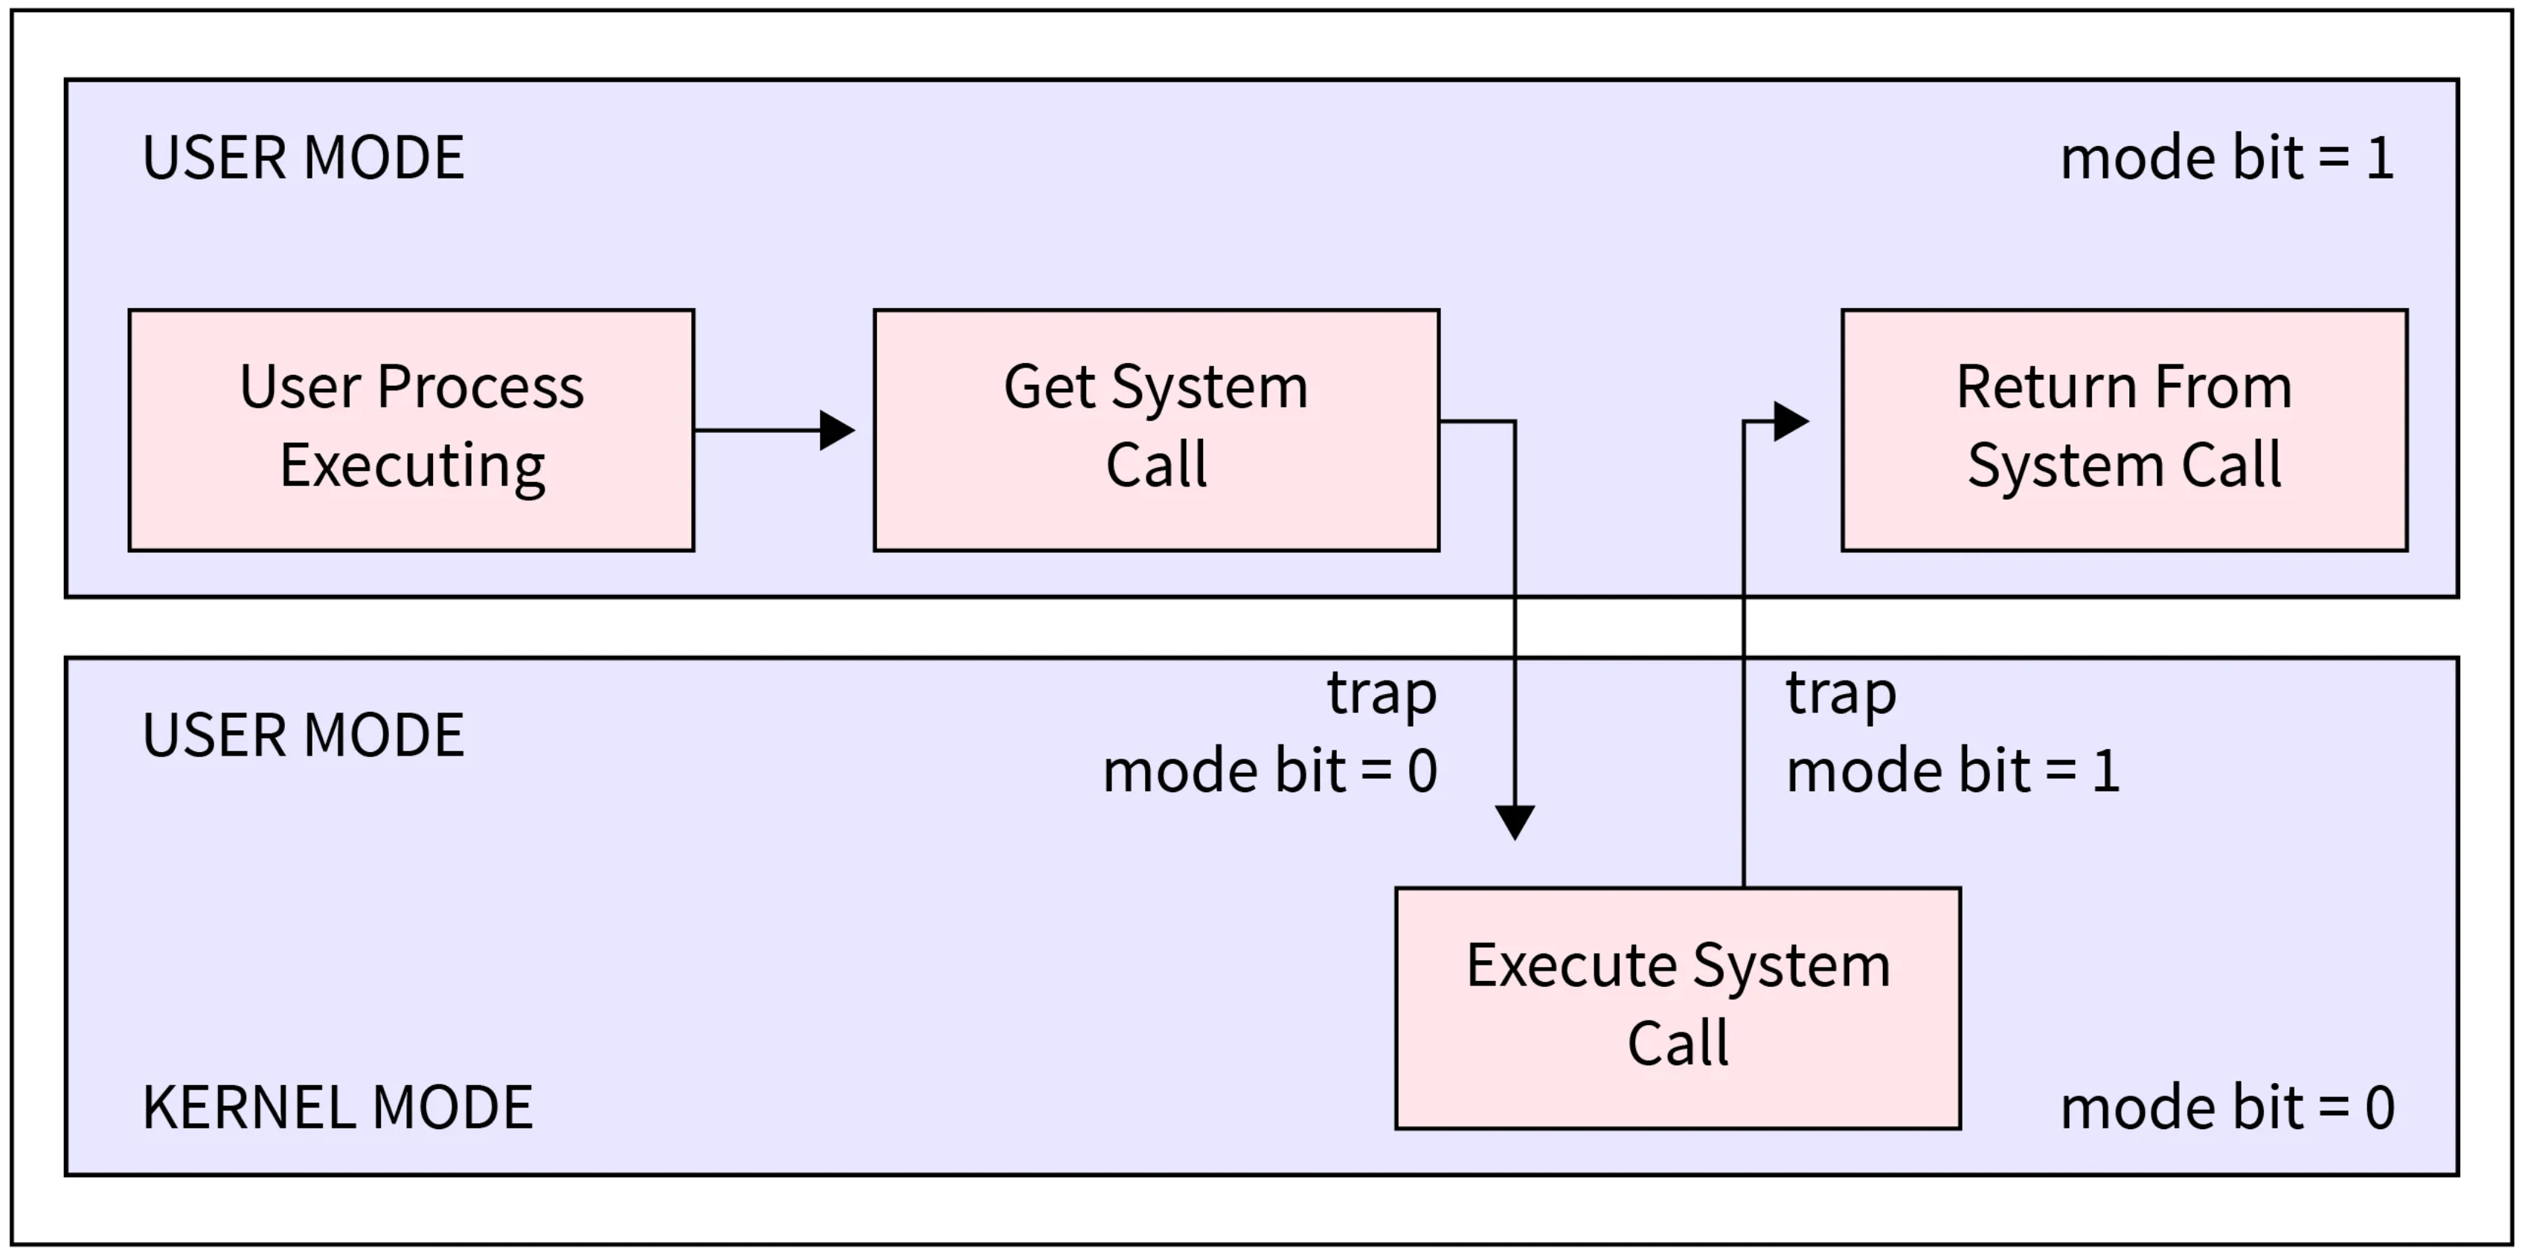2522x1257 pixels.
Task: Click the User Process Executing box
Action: (411, 430)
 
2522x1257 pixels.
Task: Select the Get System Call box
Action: (1156, 430)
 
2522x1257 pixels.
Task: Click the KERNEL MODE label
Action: (338, 1107)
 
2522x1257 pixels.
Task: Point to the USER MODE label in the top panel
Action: (304, 158)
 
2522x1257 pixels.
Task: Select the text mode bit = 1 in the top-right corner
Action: (2227, 158)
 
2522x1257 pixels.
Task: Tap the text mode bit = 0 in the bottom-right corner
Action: (2227, 1107)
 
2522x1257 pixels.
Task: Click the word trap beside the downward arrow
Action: (1382, 693)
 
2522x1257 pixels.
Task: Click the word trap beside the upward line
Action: (1841, 693)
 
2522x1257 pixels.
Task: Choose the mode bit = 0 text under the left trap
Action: (1270, 771)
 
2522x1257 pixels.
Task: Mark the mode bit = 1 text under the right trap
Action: (1953, 771)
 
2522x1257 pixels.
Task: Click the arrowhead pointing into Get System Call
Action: (837, 430)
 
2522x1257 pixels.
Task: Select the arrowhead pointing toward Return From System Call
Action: (1790, 422)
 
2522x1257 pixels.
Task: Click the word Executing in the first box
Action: (412, 466)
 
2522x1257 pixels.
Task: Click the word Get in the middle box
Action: (1048, 387)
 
